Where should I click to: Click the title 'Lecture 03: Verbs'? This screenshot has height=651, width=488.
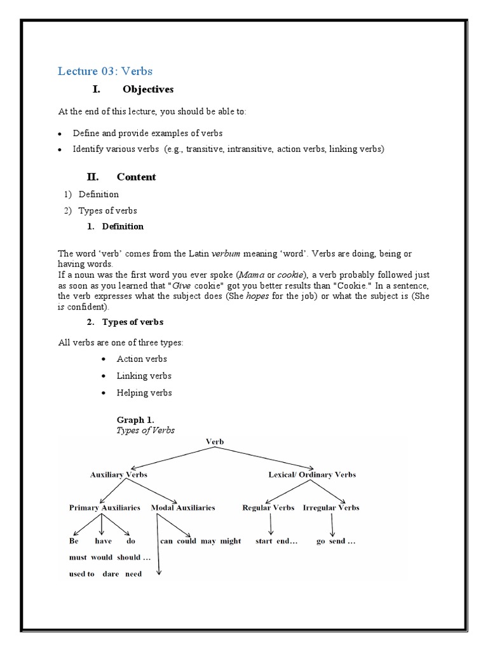click(105, 71)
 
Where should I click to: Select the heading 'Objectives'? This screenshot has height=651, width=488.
click(147, 90)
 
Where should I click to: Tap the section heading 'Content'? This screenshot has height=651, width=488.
click(136, 177)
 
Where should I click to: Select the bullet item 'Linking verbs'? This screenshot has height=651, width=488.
click(144, 376)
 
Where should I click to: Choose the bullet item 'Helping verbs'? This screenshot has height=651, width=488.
click(144, 393)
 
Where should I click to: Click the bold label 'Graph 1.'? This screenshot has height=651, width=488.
click(135, 420)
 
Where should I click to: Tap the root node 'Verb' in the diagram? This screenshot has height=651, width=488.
click(215, 441)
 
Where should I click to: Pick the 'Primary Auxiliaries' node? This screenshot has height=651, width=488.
click(105, 507)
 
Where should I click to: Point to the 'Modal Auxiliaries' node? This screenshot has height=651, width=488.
click(183, 507)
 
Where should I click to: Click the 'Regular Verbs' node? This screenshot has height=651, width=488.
click(268, 507)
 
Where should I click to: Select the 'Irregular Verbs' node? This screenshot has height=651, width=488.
click(331, 507)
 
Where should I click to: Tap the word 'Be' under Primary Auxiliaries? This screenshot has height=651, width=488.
click(74, 541)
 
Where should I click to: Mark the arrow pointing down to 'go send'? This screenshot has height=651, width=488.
click(332, 524)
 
